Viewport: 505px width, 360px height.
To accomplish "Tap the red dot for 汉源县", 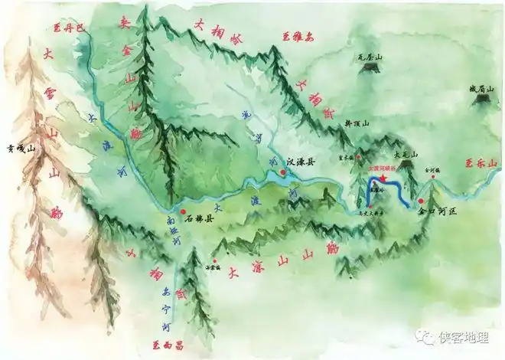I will point(283,173).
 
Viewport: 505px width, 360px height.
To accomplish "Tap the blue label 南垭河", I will point(174,231).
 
